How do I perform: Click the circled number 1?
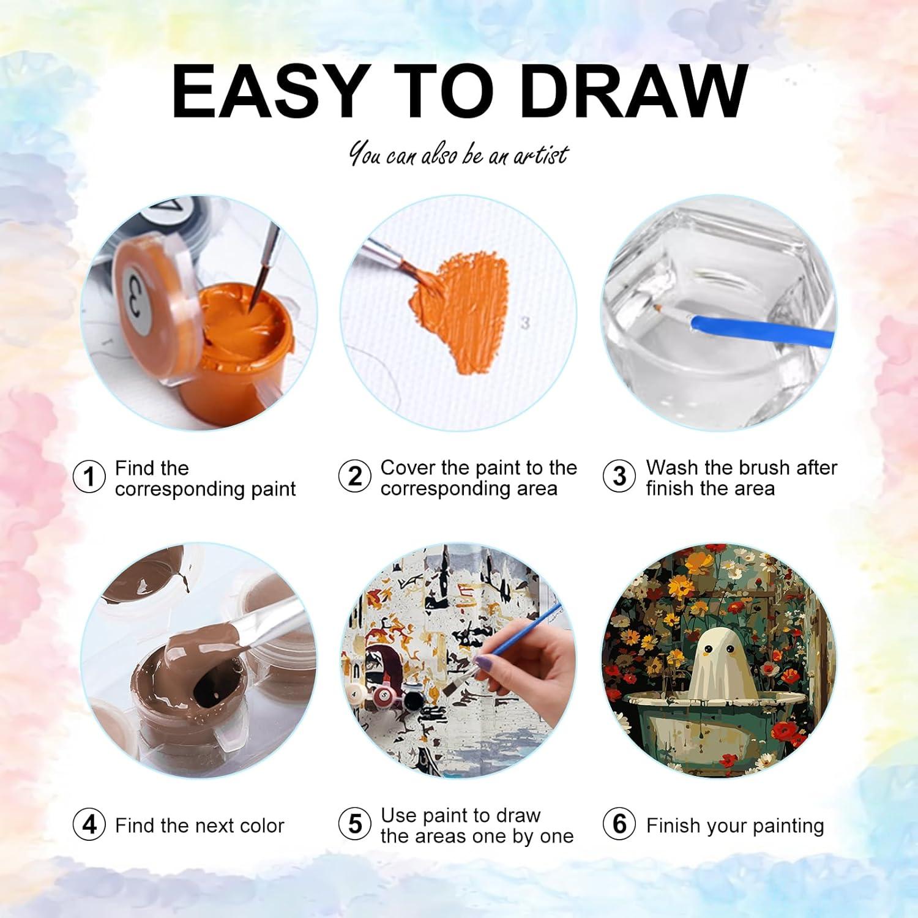(x=89, y=477)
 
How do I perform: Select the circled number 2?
(x=354, y=476)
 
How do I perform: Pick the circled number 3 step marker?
(x=619, y=476)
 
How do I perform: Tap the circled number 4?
(x=89, y=824)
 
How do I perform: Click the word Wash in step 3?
(x=672, y=468)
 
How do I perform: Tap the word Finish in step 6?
(x=674, y=826)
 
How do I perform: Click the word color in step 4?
(x=262, y=826)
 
